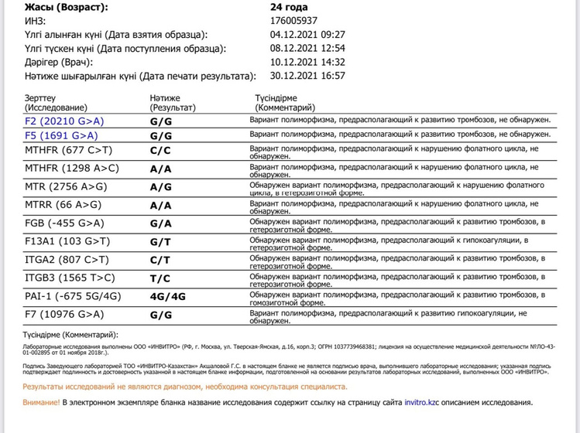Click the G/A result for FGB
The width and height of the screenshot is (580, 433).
point(160,224)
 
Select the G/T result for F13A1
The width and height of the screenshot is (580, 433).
point(160,242)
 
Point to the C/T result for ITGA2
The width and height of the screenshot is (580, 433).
point(160,260)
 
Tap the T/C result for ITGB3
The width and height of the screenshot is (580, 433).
point(160,278)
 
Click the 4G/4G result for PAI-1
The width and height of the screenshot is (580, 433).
point(166,296)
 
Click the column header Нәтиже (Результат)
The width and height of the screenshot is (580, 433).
point(173,104)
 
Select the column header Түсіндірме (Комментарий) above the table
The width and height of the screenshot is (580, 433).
point(285,104)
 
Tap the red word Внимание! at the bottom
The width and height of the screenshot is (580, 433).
point(41,403)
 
